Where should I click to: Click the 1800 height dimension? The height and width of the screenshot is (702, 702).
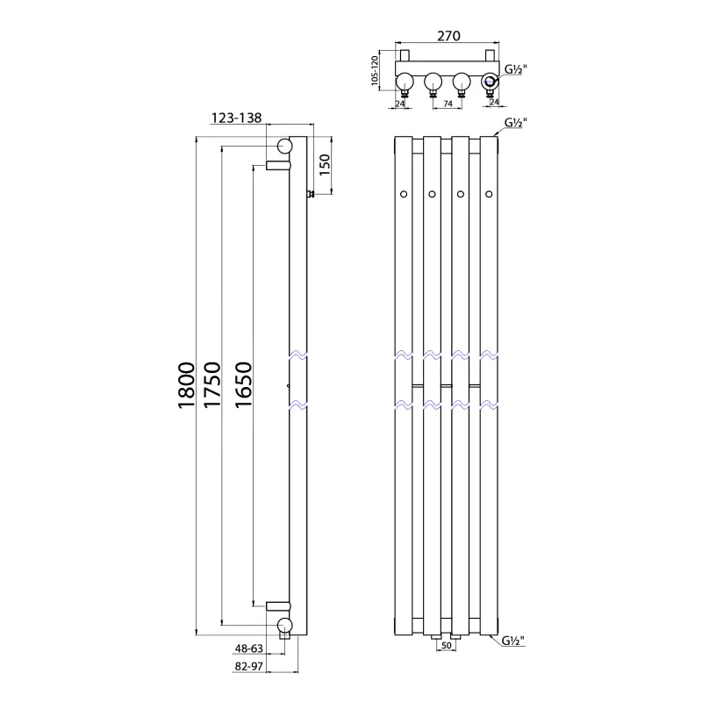[x=186, y=385]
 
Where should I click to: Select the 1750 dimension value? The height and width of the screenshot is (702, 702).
[x=212, y=385]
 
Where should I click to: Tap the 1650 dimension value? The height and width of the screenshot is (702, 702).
[x=244, y=385]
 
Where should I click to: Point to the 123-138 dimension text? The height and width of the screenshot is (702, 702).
[x=236, y=118]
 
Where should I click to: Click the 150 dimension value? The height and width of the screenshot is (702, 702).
[x=324, y=164]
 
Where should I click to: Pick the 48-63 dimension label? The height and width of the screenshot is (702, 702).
[x=249, y=648]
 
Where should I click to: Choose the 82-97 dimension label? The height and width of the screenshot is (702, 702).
[x=249, y=666]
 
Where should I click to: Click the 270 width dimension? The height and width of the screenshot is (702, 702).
[x=448, y=36]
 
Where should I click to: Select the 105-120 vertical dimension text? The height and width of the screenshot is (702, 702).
[x=376, y=71]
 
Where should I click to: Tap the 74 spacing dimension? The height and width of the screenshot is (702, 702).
[x=448, y=104]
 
